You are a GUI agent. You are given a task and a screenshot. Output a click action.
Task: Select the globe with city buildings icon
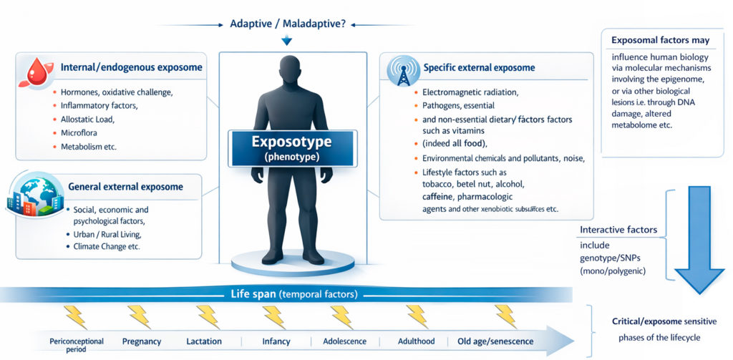pos(34,194)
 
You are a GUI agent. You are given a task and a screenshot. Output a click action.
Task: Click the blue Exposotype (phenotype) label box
pos(293,149)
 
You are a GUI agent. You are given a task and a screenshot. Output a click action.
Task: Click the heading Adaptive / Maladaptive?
pos(288,24)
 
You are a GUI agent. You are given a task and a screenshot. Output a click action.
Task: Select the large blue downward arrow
pos(699,240)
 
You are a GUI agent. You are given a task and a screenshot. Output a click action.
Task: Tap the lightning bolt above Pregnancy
pos(140,316)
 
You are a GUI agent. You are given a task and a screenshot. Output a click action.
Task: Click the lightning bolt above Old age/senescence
pos(505,316)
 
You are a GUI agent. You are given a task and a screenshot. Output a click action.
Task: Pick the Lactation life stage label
pos(204,341)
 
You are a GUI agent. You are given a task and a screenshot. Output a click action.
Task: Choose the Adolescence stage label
pos(345,341)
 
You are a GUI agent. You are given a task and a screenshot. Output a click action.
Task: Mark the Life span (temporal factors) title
pos(294,295)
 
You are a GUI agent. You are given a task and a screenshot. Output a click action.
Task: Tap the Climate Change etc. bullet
pos(107,246)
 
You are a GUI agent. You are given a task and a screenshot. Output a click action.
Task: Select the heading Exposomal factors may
pos(661,40)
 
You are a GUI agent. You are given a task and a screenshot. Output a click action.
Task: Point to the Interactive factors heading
pos(618,230)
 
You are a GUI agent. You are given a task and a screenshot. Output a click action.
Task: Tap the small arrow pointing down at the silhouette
pos(286,41)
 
